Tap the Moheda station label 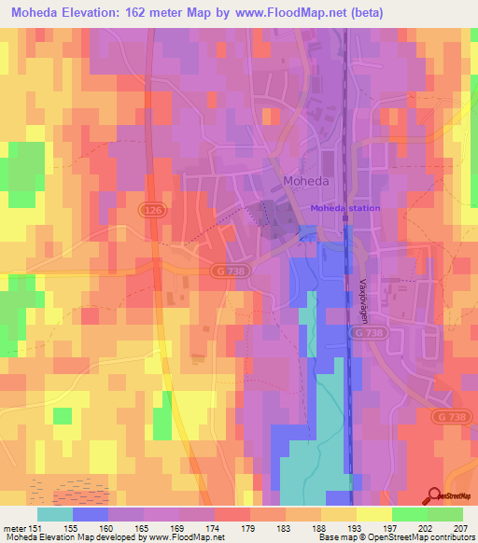(345, 208)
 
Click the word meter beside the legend (13, 528)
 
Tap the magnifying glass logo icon (433, 496)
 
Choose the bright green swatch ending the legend (445, 514)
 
